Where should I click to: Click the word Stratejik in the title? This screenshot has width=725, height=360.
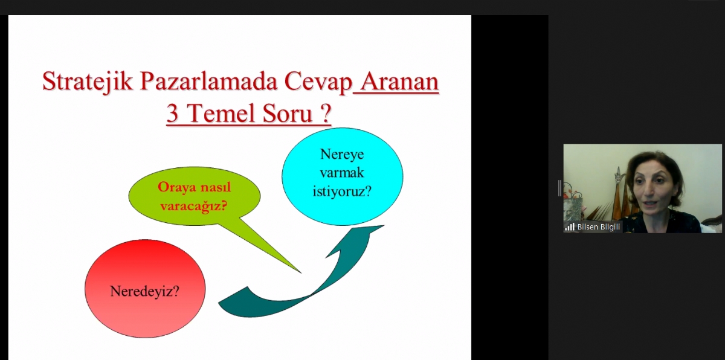pyautogui.click(x=88, y=82)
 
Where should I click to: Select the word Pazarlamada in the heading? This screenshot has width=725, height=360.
pyautogui.click(x=209, y=81)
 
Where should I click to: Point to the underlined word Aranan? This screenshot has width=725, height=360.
pyautogui.click(x=399, y=82)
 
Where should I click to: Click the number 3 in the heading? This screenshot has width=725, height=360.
pyautogui.click(x=173, y=114)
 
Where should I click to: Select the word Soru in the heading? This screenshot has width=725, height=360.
pyautogui.click(x=287, y=114)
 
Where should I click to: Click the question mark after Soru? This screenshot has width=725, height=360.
pyautogui.click(x=326, y=114)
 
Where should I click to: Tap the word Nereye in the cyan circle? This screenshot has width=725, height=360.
pyautogui.click(x=342, y=154)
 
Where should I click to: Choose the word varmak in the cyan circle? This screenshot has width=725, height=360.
pyautogui.click(x=342, y=172)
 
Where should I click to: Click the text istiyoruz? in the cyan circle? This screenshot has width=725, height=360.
pyautogui.click(x=342, y=191)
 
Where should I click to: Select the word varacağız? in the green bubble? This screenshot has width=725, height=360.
pyautogui.click(x=193, y=206)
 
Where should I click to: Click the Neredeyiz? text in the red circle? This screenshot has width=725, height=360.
pyautogui.click(x=144, y=291)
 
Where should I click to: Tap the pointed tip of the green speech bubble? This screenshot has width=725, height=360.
pyautogui.click(x=301, y=272)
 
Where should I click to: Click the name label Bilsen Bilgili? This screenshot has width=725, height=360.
pyautogui.click(x=599, y=227)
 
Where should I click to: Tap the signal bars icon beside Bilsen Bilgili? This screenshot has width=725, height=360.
pyautogui.click(x=570, y=227)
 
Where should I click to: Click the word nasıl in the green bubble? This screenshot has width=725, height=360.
pyautogui.click(x=216, y=187)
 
